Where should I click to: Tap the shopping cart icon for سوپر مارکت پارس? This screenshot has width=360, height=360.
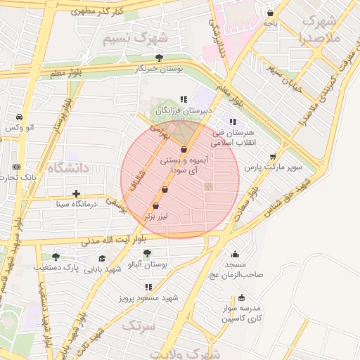pyautogui.click(x=273, y=157)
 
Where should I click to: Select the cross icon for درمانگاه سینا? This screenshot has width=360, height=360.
pyautogui.click(x=77, y=193)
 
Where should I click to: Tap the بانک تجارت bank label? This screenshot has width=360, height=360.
pyautogui.click(x=28, y=176)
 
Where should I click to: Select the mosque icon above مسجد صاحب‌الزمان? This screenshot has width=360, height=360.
pyautogui.click(x=235, y=254)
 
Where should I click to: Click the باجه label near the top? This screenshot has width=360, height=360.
pyautogui.click(x=271, y=23)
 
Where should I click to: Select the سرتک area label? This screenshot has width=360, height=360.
pyautogui.click(x=139, y=326)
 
